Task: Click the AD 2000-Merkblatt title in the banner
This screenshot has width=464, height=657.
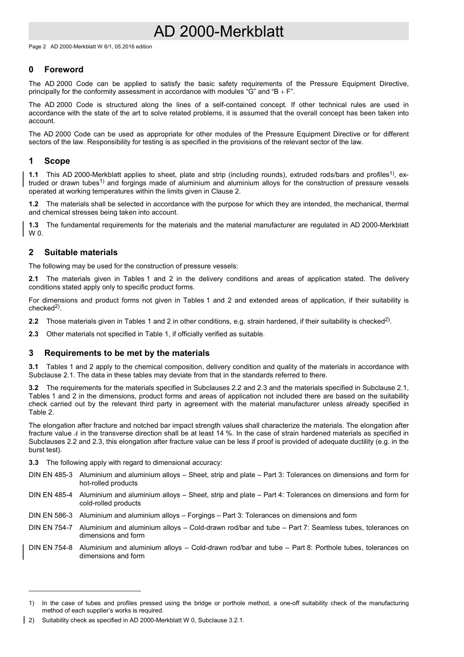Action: pos(218,31)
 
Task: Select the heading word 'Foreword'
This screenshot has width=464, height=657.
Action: pos(63,69)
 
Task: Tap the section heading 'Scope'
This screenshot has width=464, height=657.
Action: pos(57,161)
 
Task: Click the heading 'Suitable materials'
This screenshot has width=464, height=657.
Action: pos(81,252)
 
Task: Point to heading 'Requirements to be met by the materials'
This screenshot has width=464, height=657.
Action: pos(127,353)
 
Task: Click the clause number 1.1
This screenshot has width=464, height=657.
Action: pos(33,175)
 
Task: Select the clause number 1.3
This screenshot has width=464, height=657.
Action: pos(33,225)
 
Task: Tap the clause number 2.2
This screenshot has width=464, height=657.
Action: pos(33,321)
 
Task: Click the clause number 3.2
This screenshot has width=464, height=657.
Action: pos(33,388)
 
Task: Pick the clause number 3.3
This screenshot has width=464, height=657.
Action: pos(33,462)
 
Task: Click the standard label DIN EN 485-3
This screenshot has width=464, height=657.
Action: pos(50,475)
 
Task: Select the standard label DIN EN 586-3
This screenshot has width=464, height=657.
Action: pos(50,515)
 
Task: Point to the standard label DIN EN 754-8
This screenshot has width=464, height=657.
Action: pos(50,547)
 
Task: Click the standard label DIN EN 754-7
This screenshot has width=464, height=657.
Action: pos(50,527)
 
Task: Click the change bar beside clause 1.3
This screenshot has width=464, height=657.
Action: pos(24,229)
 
